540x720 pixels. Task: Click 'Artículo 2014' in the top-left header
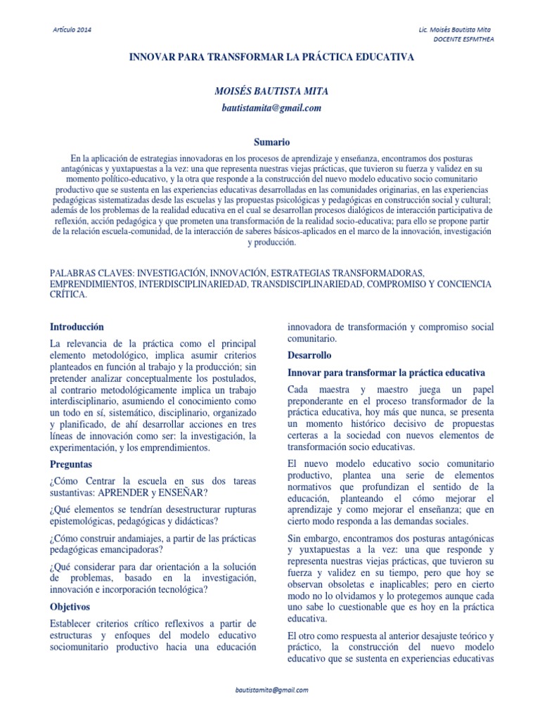pos(72,30)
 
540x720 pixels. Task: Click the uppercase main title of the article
pos(271,57)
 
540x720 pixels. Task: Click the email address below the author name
pos(271,108)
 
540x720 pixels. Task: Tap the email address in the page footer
pos(271,691)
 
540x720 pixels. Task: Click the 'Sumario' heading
pos(271,142)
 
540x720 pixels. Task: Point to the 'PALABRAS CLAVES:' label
pos(91,272)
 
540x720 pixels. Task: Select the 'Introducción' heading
pos(77,327)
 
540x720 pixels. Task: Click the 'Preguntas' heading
pos(71,465)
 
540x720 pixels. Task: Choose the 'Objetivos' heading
pos(70,606)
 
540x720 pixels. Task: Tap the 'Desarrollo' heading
pos(309,355)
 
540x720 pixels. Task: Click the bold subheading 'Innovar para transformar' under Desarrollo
pos(386,372)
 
